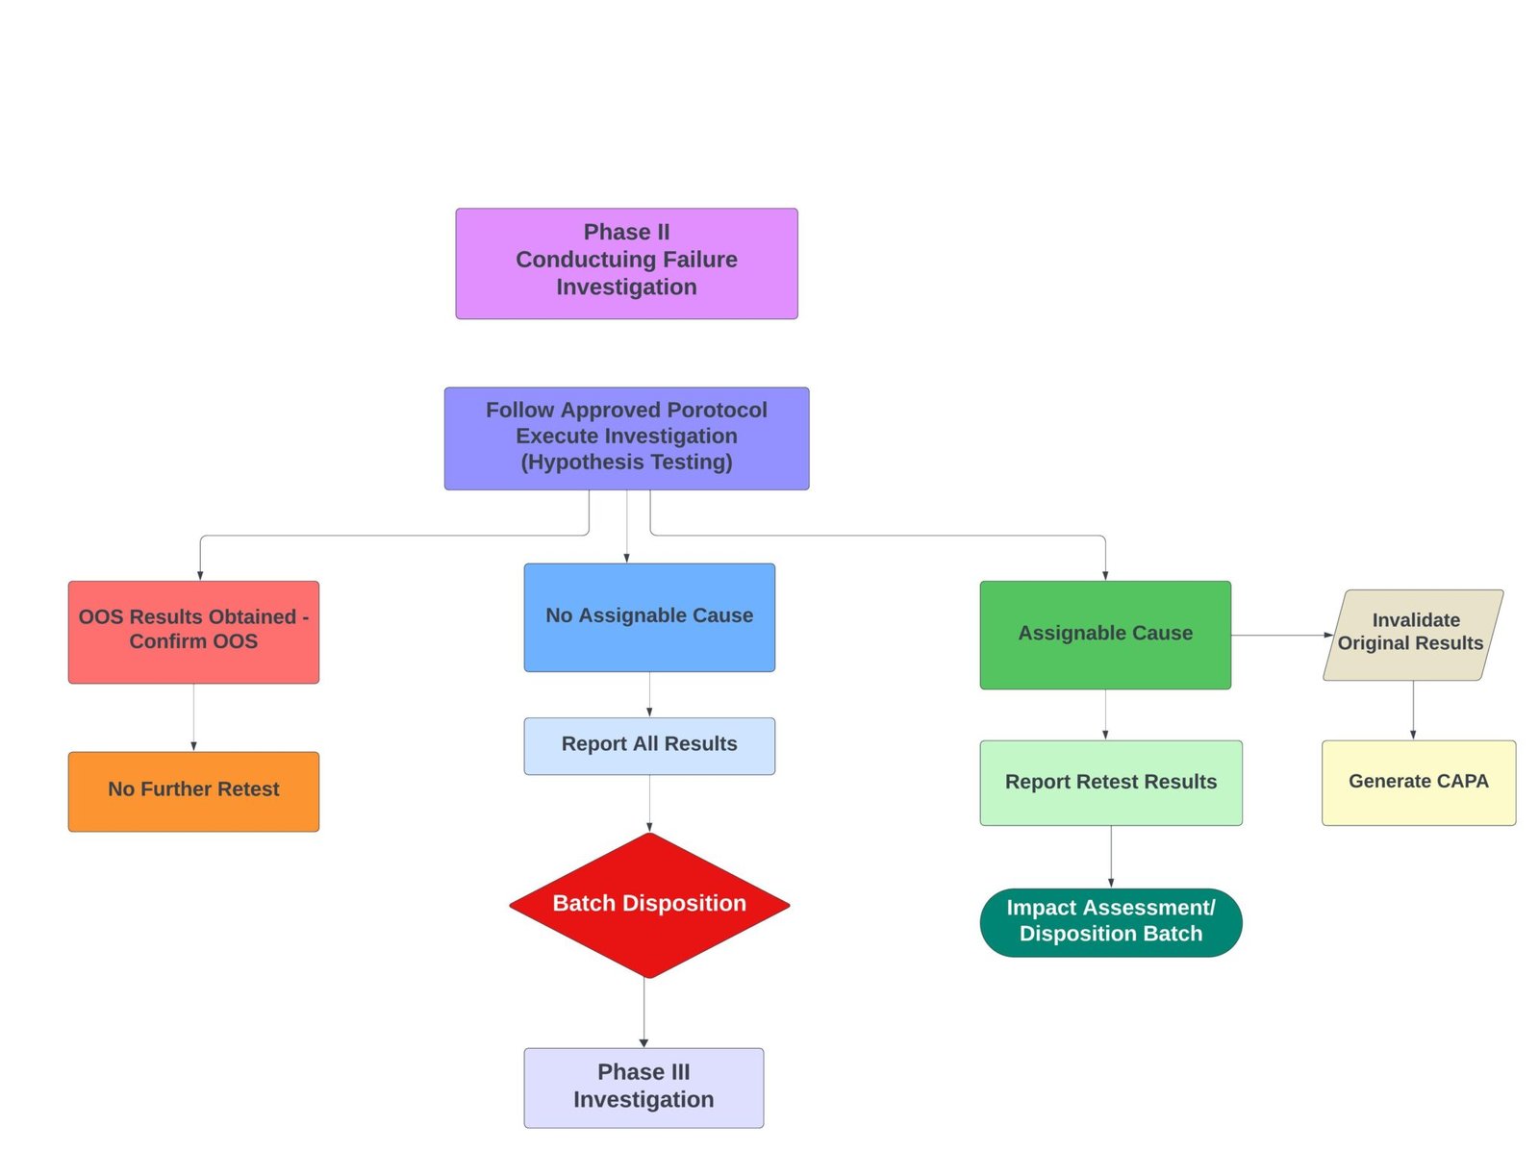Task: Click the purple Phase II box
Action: pos(626,263)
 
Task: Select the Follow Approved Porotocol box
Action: pos(626,438)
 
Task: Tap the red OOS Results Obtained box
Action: pos(193,632)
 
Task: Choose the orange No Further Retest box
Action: pos(193,791)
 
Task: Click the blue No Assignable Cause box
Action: pos(649,616)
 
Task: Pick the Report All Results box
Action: pos(649,745)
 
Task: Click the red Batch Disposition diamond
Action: pos(649,905)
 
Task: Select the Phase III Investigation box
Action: pos(643,1088)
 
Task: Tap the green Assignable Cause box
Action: pos(1105,634)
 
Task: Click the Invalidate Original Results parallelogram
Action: pos(1412,635)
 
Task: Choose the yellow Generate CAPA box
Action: pos(1418,782)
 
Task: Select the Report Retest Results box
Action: pos(1111,782)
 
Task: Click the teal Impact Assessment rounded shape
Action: pos(1111,921)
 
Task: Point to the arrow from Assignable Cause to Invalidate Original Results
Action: pos(1279,635)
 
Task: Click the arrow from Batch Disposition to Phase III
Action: pos(643,1013)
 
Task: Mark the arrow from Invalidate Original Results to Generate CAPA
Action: pos(1413,710)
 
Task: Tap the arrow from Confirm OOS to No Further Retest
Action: pos(193,717)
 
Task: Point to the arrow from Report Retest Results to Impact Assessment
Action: pos(1111,856)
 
